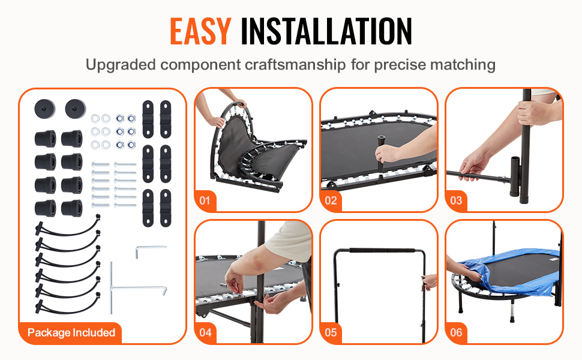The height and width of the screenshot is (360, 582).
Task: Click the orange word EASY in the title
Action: point(201,31)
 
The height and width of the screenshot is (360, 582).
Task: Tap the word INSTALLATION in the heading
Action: point(326,31)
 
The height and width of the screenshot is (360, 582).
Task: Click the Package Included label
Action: point(71,332)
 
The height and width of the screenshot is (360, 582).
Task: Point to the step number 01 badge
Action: point(205,201)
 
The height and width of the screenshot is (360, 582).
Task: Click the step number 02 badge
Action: point(331,201)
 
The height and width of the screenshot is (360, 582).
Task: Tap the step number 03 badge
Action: point(456,201)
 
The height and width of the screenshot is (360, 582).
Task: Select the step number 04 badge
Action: point(205,332)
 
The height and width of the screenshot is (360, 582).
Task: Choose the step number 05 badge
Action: point(331,332)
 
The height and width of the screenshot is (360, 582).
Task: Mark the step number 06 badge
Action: point(456,332)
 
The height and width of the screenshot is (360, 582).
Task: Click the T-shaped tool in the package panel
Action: point(112,287)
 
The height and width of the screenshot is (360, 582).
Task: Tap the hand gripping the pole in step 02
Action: point(386,154)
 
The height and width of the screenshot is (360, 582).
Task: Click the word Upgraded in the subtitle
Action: point(121,65)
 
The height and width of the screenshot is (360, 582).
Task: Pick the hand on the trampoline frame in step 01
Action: point(239,103)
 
